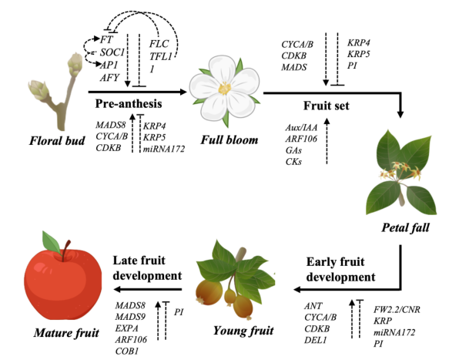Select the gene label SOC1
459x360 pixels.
tap(112, 52)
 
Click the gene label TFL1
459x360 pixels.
tap(161, 56)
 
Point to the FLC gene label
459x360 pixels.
tap(159, 44)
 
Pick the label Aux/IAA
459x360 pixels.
tap(301, 127)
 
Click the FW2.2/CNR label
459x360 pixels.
tap(397, 309)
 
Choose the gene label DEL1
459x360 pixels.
tap(315, 340)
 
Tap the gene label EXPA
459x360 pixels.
tap(126, 328)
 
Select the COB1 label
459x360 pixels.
tap(127, 351)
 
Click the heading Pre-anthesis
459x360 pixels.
tap(129, 104)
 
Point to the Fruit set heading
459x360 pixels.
tap(326, 106)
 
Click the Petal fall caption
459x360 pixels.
tap(405, 227)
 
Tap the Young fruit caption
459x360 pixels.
tap(243, 331)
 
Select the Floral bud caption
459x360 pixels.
tap(57, 140)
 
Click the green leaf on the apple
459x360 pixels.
tap(52, 243)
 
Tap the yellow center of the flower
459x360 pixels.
tap(225, 88)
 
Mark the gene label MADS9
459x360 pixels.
tap(130, 317)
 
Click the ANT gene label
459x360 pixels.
tap(313, 306)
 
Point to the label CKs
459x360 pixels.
tap(293, 161)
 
